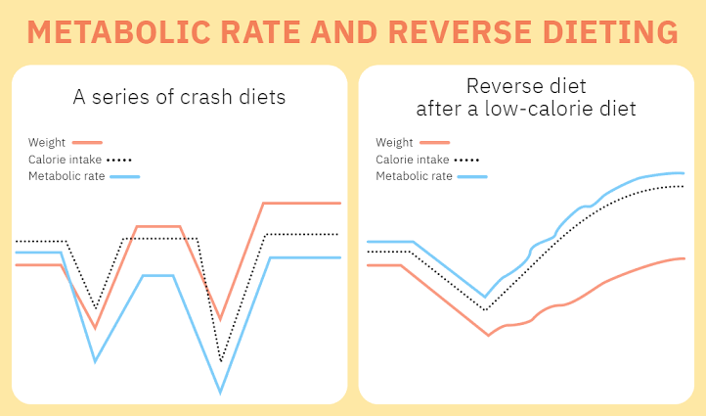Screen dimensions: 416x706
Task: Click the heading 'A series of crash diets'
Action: pos(179,98)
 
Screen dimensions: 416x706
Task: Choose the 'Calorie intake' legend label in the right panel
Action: pos(413,160)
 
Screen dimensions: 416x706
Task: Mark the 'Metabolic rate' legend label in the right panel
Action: pos(414,176)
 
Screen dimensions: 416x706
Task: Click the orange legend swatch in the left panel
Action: pos(87,143)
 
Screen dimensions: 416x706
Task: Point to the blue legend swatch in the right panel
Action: pos(471,177)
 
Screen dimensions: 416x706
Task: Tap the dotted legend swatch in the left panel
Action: pos(119,160)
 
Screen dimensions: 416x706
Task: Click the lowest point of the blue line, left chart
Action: pos(220,393)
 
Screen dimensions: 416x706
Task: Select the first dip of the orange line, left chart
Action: pos(95,328)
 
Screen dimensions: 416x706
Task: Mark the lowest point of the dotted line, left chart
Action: pos(222,362)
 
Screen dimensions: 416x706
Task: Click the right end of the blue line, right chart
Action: pos(683,173)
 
